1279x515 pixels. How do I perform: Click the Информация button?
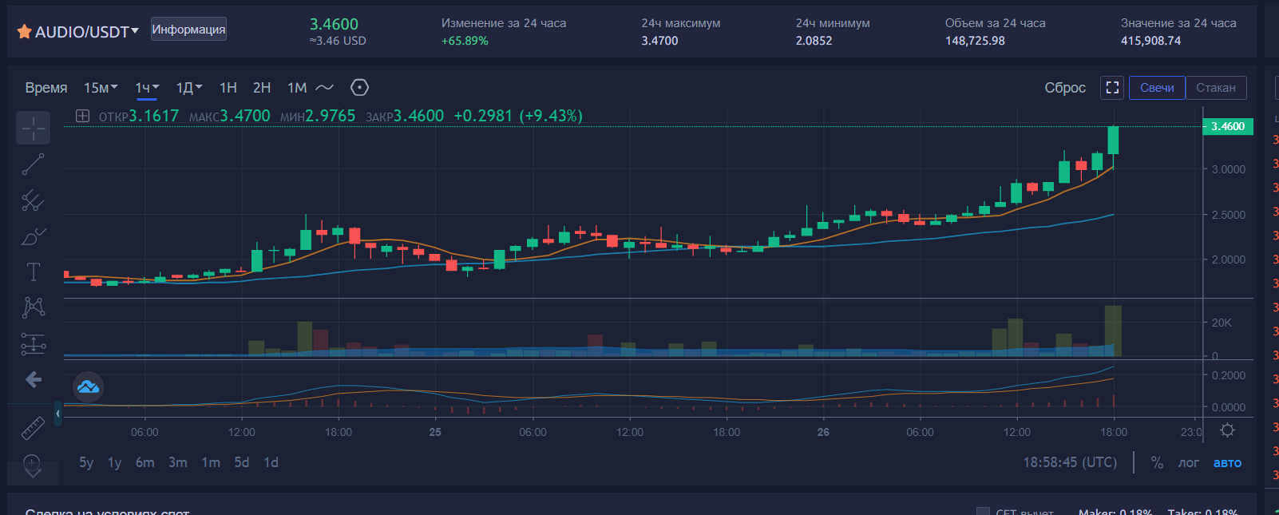(x=188, y=30)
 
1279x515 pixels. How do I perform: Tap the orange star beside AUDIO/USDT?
(x=24, y=32)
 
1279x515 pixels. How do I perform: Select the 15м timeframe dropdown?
(x=100, y=88)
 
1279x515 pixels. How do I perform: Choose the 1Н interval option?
(x=228, y=88)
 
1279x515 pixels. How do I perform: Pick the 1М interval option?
(x=297, y=88)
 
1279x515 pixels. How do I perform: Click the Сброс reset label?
(x=1065, y=88)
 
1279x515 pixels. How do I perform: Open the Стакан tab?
(x=1215, y=88)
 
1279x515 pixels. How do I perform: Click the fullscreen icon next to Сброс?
(x=1112, y=88)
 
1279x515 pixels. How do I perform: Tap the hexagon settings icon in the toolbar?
(x=359, y=88)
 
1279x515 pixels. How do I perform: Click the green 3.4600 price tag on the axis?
(x=1228, y=126)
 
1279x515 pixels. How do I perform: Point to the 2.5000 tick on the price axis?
(x=1228, y=215)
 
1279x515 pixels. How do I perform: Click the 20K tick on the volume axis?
(x=1222, y=323)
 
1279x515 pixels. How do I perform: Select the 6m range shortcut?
(x=145, y=462)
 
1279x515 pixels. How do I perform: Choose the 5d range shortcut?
(x=241, y=462)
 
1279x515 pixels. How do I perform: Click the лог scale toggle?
(x=1188, y=463)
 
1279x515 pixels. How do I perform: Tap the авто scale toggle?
(x=1227, y=463)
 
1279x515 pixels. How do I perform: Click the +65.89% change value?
(x=465, y=41)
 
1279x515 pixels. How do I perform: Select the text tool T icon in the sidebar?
(x=34, y=272)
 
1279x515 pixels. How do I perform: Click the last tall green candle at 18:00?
(x=1113, y=140)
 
